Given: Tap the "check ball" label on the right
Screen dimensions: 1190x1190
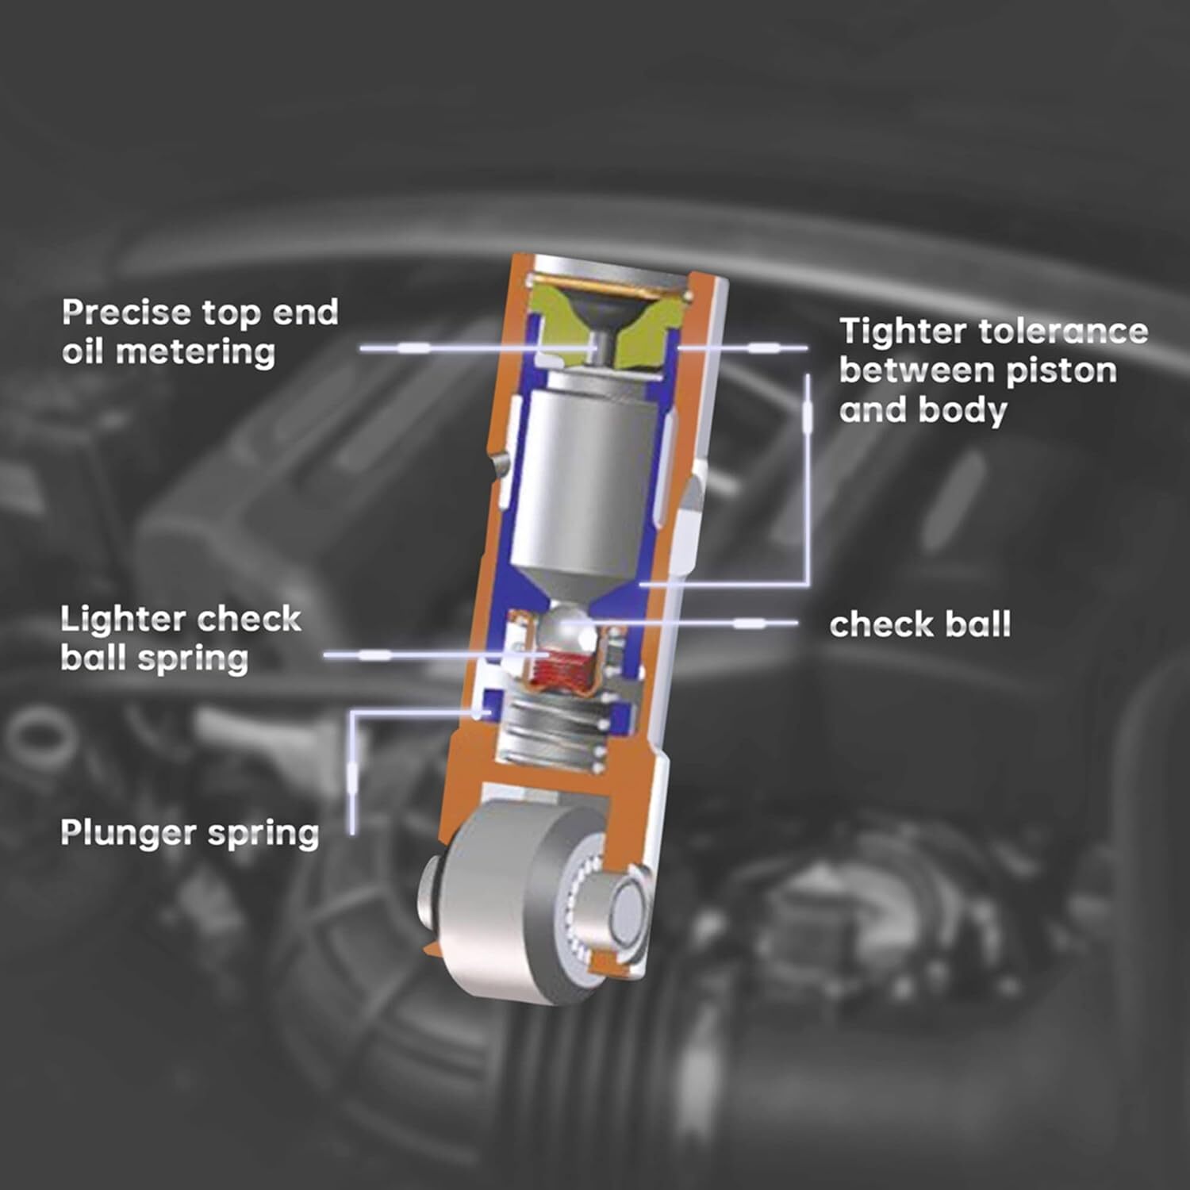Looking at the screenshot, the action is pos(920,624).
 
